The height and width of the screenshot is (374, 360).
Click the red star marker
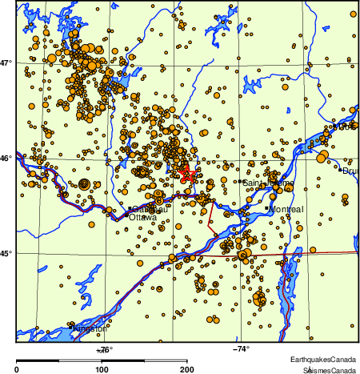(186, 173)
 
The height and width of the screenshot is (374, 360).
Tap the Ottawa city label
(143, 217)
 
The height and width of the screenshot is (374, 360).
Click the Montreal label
(288, 209)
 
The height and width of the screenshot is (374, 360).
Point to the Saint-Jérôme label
(269, 183)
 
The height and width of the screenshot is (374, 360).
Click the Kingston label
(90, 328)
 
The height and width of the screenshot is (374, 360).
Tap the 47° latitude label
(7, 62)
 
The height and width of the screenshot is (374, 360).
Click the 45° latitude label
(7, 254)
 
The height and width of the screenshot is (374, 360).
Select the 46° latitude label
(7, 159)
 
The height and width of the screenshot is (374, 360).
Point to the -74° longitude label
(241, 348)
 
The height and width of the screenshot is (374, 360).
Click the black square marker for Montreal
(266, 208)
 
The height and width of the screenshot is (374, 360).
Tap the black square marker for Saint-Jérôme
(241, 182)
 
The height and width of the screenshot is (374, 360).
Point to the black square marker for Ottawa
(130, 209)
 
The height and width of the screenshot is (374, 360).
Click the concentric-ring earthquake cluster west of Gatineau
(83, 183)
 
